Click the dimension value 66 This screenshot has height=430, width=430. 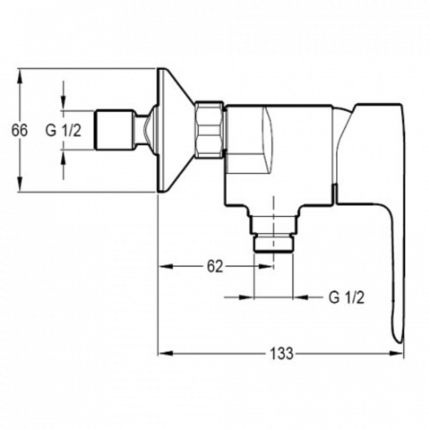tap(19, 130)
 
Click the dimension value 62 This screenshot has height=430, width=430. tap(215, 266)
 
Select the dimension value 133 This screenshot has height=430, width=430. tap(282, 353)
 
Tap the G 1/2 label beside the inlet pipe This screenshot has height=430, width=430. tap(63, 130)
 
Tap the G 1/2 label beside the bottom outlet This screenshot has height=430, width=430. tap(346, 297)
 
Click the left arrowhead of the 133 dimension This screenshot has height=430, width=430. tap(166, 353)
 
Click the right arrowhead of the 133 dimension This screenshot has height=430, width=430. tap(396, 353)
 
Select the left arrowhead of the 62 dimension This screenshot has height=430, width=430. tap(166, 266)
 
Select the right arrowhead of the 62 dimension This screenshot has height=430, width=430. tap(266, 266)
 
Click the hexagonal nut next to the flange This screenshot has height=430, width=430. tap(209, 130)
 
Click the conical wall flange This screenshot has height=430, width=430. tap(176, 130)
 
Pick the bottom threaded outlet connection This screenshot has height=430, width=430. tap(273, 234)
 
